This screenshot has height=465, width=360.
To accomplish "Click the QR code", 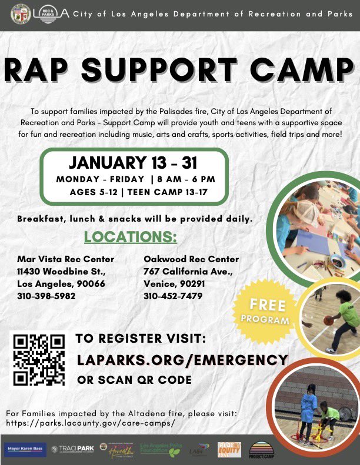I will (39, 360).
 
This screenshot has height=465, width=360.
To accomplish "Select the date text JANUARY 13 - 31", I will (133, 162).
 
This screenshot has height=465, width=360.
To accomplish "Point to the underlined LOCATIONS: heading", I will (130, 237).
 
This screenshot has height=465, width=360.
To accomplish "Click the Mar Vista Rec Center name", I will (65, 259).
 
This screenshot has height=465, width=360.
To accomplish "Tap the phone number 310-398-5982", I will (46, 296).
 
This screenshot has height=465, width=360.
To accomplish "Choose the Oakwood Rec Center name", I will (191, 259).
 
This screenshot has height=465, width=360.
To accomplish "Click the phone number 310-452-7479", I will (173, 296).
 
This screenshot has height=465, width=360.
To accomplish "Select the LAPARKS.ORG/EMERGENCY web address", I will (182, 360).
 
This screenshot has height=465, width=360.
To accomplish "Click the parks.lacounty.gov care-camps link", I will (91, 423).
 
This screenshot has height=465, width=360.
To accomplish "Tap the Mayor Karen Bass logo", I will (25, 449).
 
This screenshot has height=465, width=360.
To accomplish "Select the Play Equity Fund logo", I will (229, 449).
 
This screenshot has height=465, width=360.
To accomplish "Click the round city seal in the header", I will (21, 12).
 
